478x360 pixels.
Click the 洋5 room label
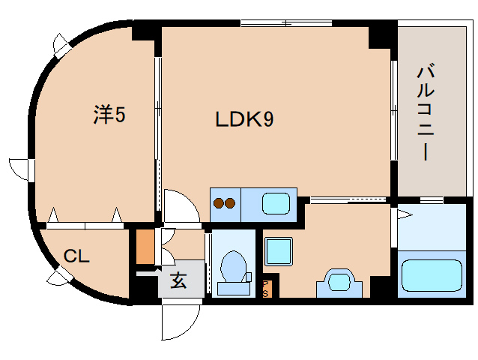pyautogui.click(x=109, y=115)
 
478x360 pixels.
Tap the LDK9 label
pyautogui.click(x=244, y=119)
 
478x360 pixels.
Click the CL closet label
pyautogui.click(x=76, y=256)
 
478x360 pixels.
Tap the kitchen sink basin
pyautogui.click(x=277, y=203)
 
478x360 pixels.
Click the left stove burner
pyautogui.click(x=220, y=202)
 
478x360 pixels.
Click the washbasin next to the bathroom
pyautogui.click(x=341, y=282)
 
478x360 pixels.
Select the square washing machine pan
pyautogui.click(x=279, y=249)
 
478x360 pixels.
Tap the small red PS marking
pyautogui.click(x=267, y=287)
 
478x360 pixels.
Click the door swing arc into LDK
pyautogui.click(x=181, y=206)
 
